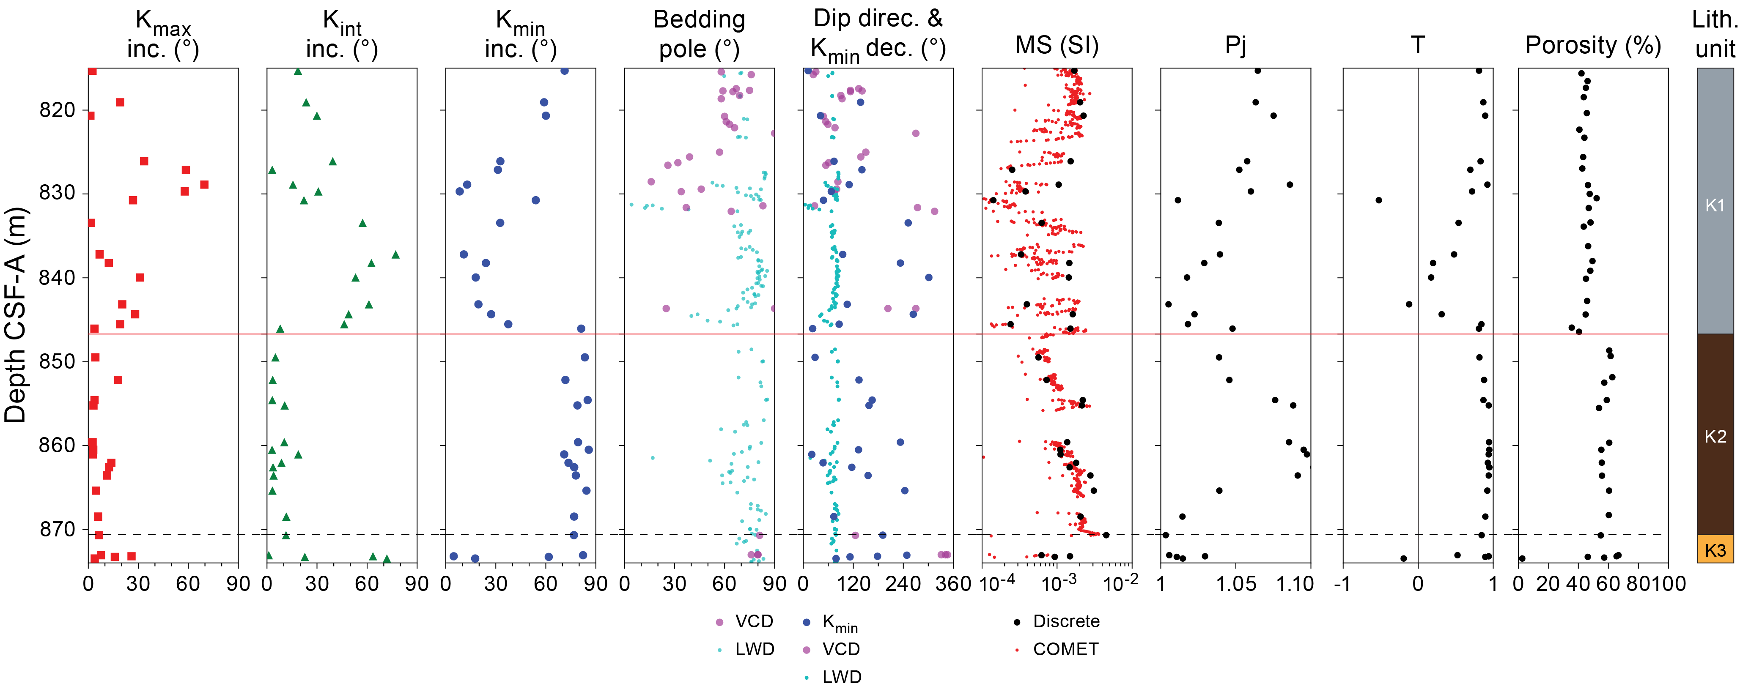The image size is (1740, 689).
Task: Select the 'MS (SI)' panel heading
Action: (x=1057, y=45)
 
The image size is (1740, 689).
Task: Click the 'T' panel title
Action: (x=1417, y=45)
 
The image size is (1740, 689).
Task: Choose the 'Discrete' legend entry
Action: (x=1066, y=621)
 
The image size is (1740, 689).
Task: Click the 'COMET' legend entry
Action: (x=1065, y=649)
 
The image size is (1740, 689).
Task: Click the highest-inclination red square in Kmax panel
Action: (x=204, y=185)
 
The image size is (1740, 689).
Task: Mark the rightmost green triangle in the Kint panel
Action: (x=396, y=255)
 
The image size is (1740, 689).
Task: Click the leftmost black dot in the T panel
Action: (x=1379, y=200)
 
